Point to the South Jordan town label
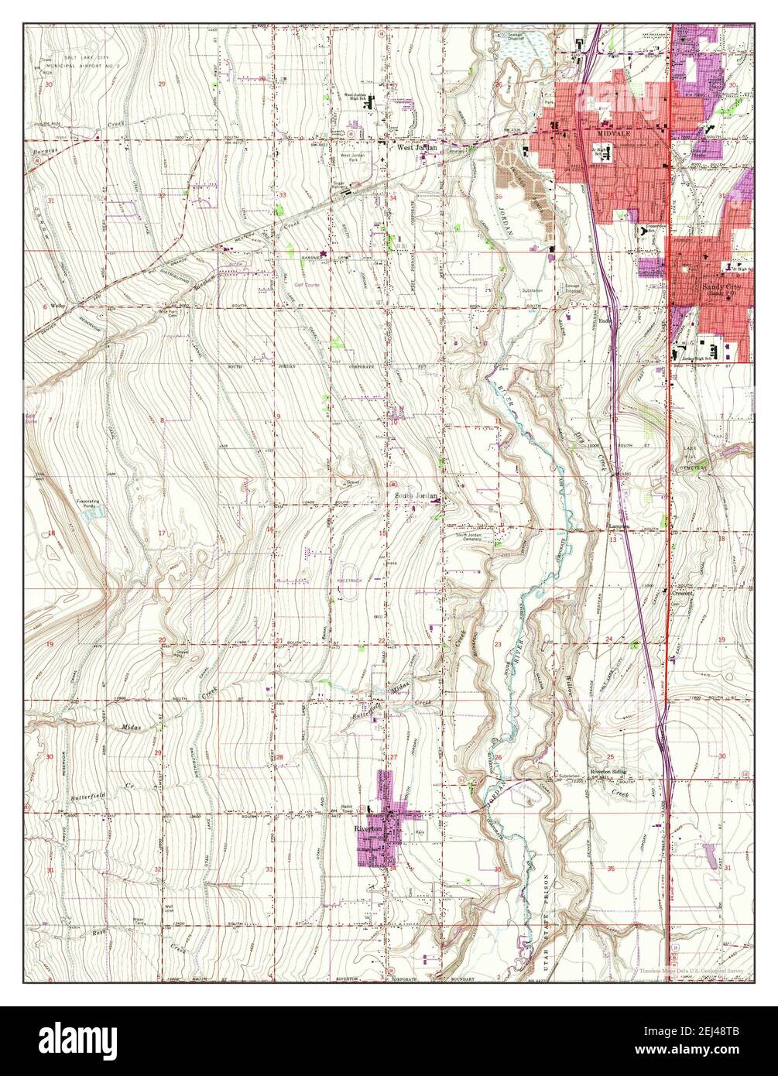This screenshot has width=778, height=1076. click(416, 496)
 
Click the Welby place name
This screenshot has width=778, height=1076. click(53, 307)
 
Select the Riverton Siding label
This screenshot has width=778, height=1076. click(608, 772)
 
